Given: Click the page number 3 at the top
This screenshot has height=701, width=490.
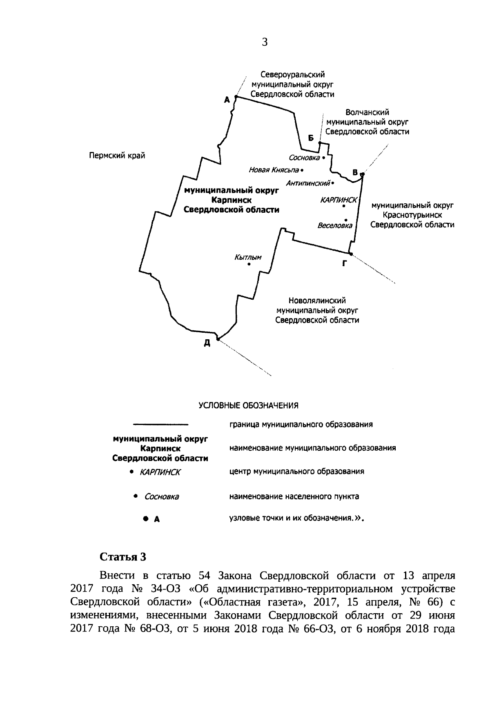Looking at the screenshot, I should pos(265,42).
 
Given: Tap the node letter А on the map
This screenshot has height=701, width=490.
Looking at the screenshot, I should pos(227,99).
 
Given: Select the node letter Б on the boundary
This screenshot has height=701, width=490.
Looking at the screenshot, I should pos(311,138).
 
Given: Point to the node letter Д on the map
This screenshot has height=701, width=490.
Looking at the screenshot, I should pos(207,343).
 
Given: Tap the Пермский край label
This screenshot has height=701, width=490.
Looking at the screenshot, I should pos(117,156).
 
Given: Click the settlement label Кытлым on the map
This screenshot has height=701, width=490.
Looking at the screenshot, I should pos(248,257).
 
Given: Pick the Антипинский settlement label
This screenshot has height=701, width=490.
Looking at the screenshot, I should pos(308,183).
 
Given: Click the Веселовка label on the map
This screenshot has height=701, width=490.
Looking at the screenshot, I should pos(335,225).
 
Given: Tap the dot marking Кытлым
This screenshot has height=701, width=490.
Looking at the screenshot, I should pos(249,265).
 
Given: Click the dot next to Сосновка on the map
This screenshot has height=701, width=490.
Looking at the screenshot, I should pos(323,157).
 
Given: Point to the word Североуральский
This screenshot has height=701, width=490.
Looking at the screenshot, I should pos(292,75).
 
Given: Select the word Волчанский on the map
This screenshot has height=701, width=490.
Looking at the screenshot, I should pos(367,112).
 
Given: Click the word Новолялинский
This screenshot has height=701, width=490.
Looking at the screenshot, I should pos(317,301).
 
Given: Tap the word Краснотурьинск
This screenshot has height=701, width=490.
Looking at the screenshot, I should pos(412,215).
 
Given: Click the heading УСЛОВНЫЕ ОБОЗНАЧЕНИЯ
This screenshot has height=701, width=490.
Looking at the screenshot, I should pos(248,405).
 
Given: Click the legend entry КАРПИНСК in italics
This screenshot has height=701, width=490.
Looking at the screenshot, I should pos(160,472).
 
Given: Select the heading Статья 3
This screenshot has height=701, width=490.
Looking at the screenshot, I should pos(123,557).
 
